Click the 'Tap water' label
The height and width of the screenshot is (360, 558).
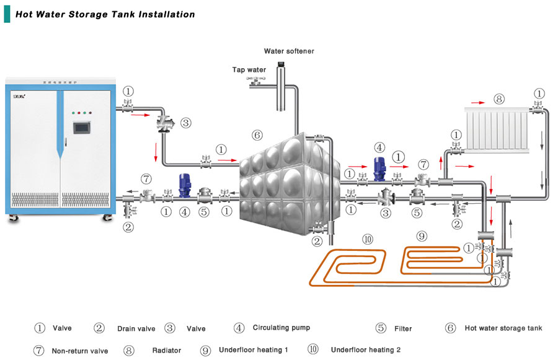pyautogui.click(x=249, y=69)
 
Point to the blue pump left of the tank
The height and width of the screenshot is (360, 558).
pyautogui.click(x=184, y=185)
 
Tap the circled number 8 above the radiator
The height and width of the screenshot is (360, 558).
pyautogui.click(x=499, y=99)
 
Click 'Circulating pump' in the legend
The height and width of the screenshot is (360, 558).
pyautogui.click(x=281, y=328)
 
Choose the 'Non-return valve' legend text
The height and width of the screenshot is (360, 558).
pyautogui.click(x=80, y=351)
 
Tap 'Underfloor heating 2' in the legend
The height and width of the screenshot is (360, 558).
pyautogui.click(x=366, y=350)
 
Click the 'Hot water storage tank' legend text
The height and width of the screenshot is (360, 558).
pyautogui.click(x=503, y=328)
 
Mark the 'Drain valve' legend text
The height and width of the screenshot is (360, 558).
pyautogui.click(x=136, y=328)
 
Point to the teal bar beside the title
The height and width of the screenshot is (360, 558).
pyautogui.click(x=7, y=14)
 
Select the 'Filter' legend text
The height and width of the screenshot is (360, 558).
pyautogui.click(x=402, y=328)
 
